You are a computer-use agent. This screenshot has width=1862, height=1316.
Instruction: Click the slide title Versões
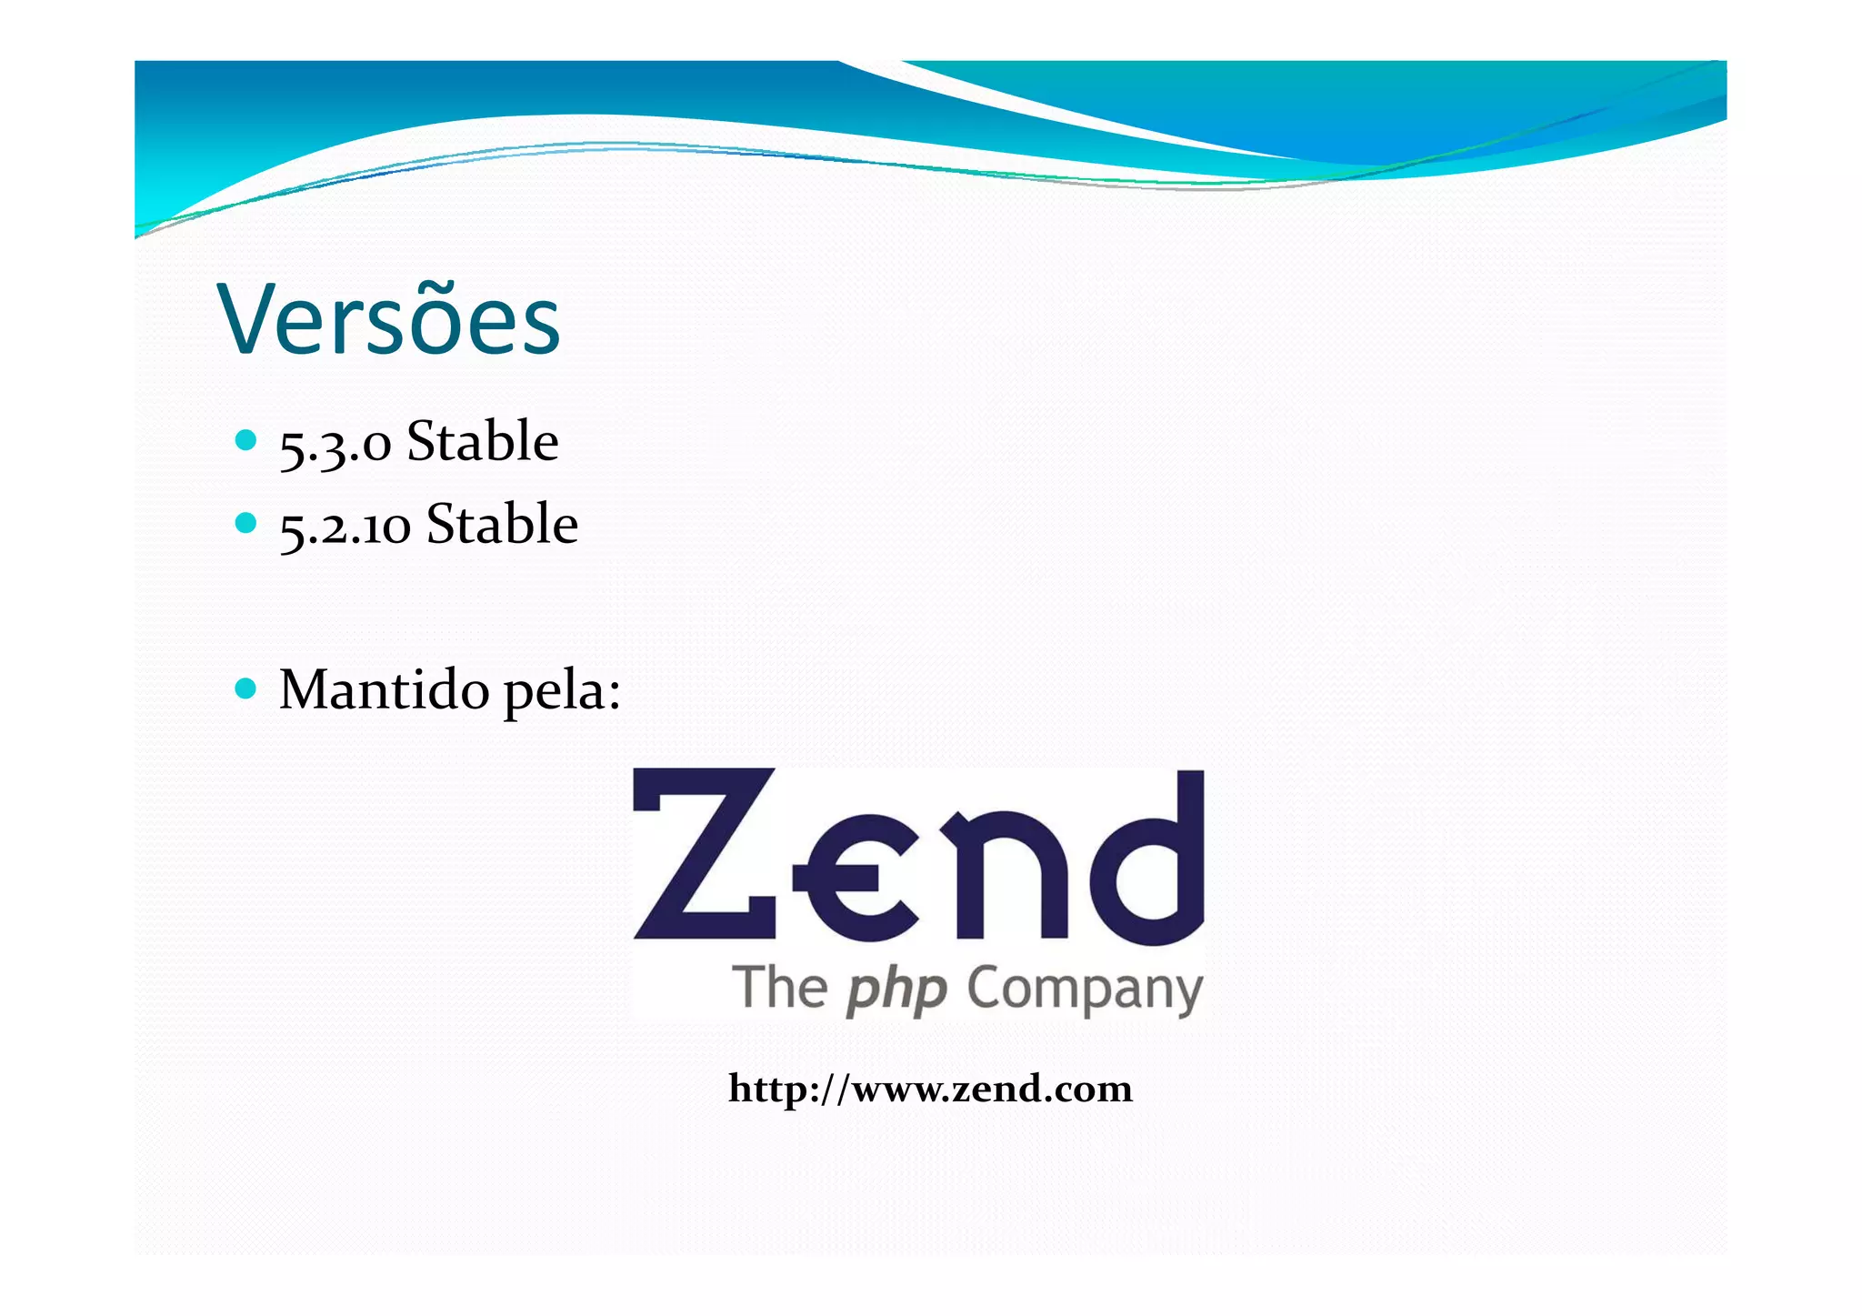click(x=388, y=320)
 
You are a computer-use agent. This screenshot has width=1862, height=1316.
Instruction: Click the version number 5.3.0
click(x=335, y=445)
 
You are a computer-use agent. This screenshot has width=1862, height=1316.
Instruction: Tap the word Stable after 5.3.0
click(x=482, y=441)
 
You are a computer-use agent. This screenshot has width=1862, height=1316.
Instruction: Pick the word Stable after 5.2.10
click(x=502, y=524)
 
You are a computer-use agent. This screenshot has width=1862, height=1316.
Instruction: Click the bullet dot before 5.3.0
click(x=245, y=441)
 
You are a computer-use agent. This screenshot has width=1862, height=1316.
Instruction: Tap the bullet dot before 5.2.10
click(x=245, y=523)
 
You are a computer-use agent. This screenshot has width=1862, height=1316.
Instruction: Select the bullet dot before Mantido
click(x=245, y=688)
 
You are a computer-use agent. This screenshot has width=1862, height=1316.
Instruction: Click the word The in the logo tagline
click(x=780, y=989)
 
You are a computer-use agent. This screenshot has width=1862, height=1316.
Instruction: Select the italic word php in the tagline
click(x=896, y=991)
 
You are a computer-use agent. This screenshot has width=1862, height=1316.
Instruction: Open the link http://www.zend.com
click(x=930, y=1089)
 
